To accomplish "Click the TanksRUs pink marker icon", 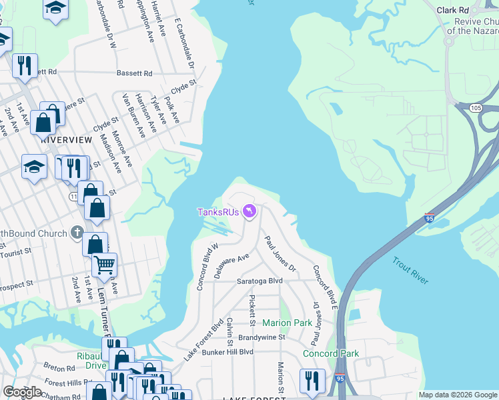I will (x=249, y=211).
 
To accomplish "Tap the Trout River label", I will (x=410, y=271).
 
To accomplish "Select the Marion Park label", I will (x=287, y=323).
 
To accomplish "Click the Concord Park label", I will (x=331, y=353).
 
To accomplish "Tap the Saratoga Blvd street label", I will (x=260, y=281).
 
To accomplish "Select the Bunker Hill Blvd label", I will (x=228, y=351).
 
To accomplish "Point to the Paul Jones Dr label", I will (x=280, y=253).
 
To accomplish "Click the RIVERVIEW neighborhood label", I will (x=66, y=140).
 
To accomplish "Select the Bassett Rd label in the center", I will (x=134, y=73).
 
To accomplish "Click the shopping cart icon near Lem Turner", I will (x=105, y=265).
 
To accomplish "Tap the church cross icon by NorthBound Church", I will (x=77, y=233).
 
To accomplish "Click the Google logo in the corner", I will (x=22, y=392).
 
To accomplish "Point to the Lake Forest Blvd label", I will (x=203, y=340).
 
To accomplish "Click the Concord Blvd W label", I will (x=203, y=267).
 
